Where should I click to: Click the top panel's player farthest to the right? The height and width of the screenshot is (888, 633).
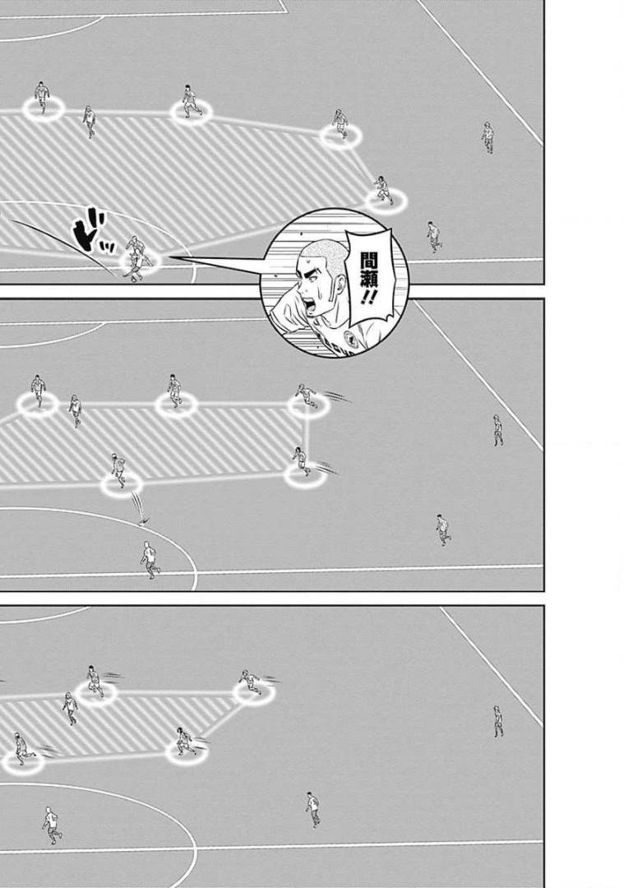point(487,137)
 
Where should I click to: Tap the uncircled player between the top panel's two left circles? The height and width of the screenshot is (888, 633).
point(89,121)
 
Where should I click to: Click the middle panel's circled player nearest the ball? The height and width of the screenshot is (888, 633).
point(118,470)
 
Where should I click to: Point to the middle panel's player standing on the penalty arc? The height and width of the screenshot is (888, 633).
point(150,560)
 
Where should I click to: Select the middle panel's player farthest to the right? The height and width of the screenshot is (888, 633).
point(497,430)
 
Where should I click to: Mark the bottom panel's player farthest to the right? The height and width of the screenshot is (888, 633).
point(497,721)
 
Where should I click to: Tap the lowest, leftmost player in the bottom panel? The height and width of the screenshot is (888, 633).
point(52,825)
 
